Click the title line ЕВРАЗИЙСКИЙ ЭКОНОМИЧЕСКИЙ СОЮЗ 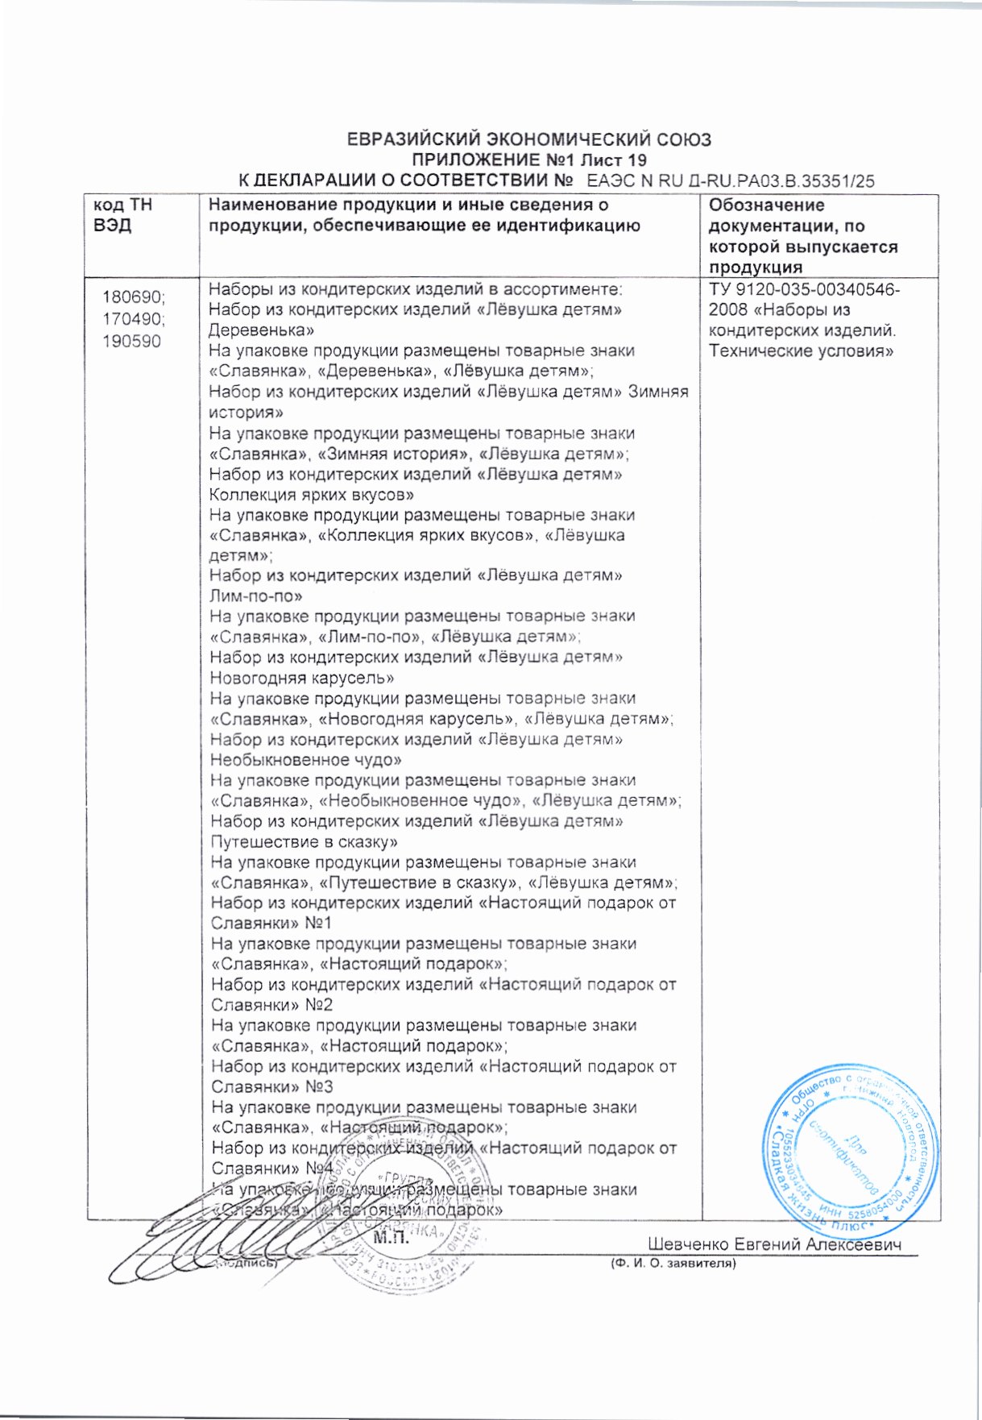[528, 139]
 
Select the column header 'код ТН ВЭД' [123, 215]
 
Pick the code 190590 [131, 341]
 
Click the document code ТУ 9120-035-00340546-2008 [804, 300]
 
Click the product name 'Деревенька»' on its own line [261, 330]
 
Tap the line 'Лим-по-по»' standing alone [255, 596]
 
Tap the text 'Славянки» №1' [271, 924]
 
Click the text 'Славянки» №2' [271, 1006]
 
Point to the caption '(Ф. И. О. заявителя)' [673, 1264]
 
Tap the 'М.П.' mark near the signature [392, 1239]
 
